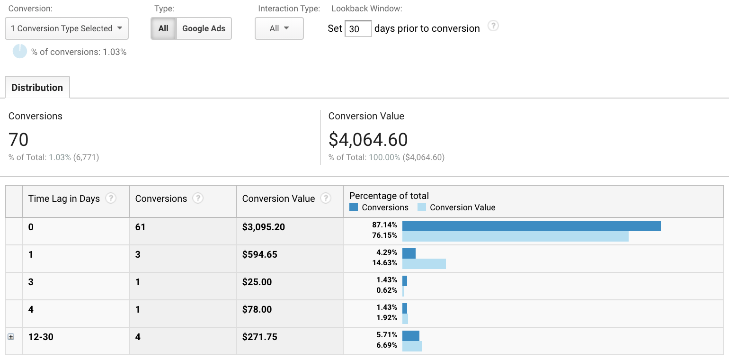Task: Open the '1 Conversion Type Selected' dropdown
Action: pos(67,28)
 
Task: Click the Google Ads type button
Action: pos(204,28)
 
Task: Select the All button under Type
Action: pos(163,28)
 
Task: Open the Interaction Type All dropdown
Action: pos(279,28)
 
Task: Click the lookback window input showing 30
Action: pos(358,29)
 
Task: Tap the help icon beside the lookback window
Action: pos(493,26)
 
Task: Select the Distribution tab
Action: pos(37,88)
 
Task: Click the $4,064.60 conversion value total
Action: pos(368,140)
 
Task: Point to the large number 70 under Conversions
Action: pos(18,140)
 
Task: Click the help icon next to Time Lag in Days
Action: pos(110,198)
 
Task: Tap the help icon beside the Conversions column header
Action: pos(198,198)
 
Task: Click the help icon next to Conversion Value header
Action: pos(326,198)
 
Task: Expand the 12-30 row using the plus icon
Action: pos(11,337)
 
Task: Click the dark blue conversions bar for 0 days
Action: pos(531,226)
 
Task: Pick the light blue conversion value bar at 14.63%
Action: pos(424,264)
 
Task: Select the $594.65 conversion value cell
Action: pos(260,254)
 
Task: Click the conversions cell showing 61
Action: pos(140,227)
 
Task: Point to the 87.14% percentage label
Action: pos(384,225)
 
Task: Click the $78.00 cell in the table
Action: pos(257,309)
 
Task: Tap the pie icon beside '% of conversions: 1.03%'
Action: pos(19,51)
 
